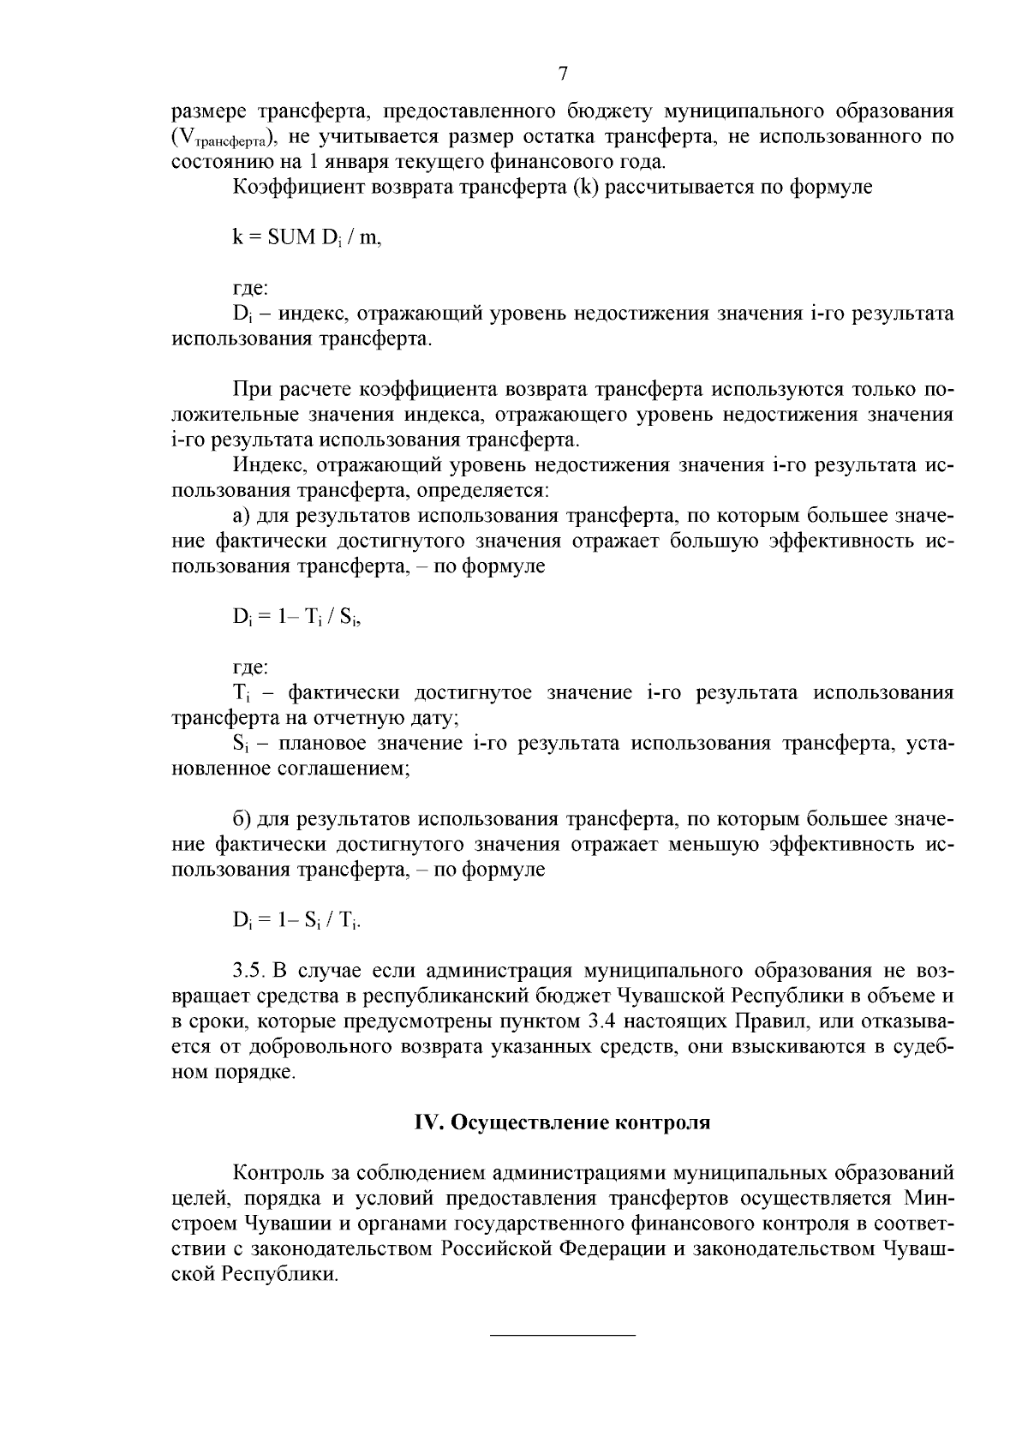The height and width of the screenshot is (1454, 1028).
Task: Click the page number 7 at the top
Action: point(563,74)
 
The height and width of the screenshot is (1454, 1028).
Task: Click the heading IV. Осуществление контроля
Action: point(562,1122)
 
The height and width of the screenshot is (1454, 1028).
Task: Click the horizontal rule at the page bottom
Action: point(562,1335)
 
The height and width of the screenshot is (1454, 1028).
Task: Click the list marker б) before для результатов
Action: point(242,820)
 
